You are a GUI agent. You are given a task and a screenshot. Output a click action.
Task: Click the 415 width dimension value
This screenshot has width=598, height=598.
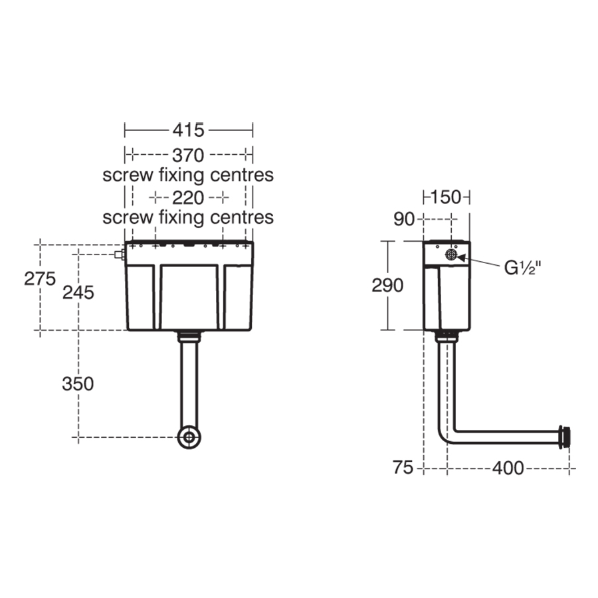pyautogui.click(x=189, y=129)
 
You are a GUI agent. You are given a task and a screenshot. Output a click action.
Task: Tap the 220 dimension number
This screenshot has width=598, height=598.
pyautogui.click(x=188, y=197)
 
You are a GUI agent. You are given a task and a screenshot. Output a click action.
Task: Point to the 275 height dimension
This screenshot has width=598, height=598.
pyautogui.click(x=40, y=278)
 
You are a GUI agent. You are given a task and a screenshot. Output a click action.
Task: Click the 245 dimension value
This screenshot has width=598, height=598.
pyautogui.click(x=78, y=292)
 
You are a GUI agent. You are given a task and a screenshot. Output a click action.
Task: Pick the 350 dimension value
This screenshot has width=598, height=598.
pyautogui.click(x=78, y=383)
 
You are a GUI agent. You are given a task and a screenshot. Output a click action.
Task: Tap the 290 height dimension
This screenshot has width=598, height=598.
pyautogui.click(x=387, y=285)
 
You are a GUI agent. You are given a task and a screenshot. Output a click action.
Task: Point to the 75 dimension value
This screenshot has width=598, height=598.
pyautogui.click(x=403, y=468)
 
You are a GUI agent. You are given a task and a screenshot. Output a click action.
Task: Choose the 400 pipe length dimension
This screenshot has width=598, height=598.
pyautogui.click(x=508, y=468)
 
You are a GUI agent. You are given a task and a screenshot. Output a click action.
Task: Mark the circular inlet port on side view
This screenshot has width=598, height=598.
pyautogui.click(x=451, y=254)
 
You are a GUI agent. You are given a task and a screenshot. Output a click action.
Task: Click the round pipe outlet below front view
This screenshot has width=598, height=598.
pyautogui.click(x=189, y=437)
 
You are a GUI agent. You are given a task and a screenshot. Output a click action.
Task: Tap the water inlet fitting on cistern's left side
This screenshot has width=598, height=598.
pyautogui.click(x=119, y=254)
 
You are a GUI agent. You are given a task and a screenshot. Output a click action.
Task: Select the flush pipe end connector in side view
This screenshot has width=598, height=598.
pyautogui.click(x=564, y=437)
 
